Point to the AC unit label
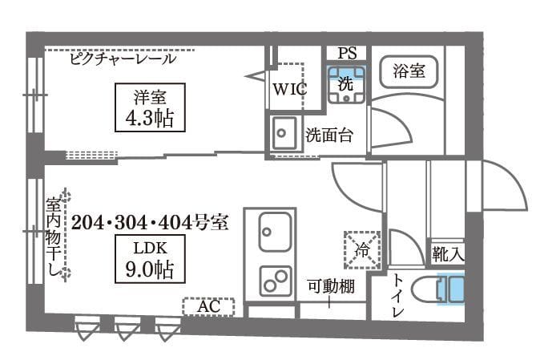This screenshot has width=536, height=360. pyautogui.click(x=208, y=306)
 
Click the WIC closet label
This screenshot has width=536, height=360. pyautogui.click(x=288, y=89)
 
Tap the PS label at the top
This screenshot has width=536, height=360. pyautogui.click(x=346, y=53)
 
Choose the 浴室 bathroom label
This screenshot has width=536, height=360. pyautogui.click(x=409, y=71)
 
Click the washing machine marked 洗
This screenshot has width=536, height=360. pyautogui.click(x=345, y=83)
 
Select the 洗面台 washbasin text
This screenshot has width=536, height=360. pyautogui.click(x=330, y=134)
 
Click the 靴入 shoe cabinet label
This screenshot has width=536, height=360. pyautogui.click(x=447, y=255)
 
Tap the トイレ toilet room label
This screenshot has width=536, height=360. pyautogui.click(x=398, y=294)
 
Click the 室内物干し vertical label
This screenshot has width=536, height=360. pyautogui.click(x=55, y=239)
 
